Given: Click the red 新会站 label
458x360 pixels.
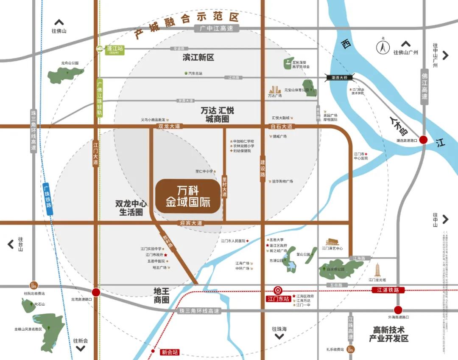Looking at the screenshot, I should click(170, 352).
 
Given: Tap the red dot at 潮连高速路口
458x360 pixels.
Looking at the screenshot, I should click(423, 140).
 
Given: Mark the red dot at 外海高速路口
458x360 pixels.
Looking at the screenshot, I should click(398, 310).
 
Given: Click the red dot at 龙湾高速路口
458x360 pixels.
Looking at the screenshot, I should click(96, 292).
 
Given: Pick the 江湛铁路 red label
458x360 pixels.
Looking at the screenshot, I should click(388, 290).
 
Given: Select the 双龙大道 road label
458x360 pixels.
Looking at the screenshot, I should click(169, 126).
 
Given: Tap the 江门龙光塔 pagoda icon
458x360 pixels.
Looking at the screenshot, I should click(377, 269).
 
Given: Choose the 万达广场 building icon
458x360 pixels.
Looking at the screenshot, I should click(275, 90).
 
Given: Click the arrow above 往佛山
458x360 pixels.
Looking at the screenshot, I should click(59, 22).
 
